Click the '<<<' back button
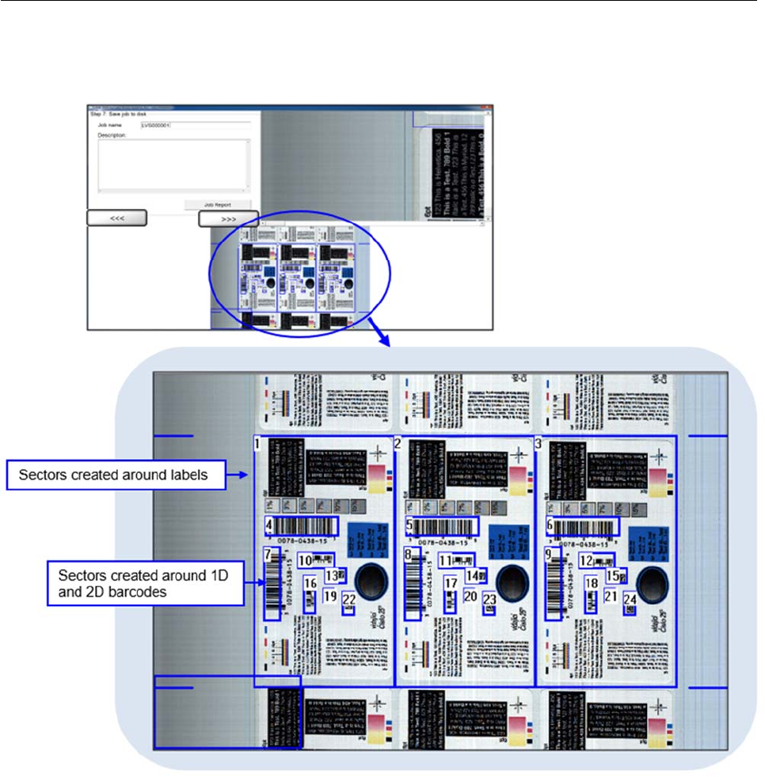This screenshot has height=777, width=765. coord(116,218)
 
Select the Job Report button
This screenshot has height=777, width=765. coord(217,204)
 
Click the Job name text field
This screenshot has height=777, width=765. coord(195,125)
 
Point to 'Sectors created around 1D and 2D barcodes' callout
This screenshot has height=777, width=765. coord(145,583)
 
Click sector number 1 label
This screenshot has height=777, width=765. coord(258,445)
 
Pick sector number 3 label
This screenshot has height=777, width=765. coord(539,444)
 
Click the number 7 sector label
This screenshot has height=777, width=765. coord(268,555)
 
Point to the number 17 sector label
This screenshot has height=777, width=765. coord(451,584)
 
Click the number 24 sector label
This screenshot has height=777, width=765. coord(630,600)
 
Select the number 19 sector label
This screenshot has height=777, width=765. coord(329,595)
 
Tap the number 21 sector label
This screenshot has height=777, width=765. coord(610,596)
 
